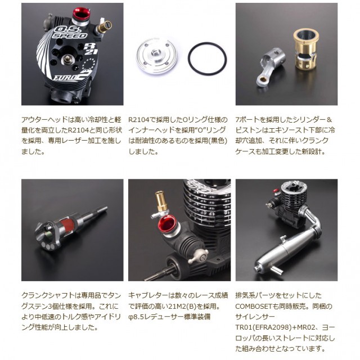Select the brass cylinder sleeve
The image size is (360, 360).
point(305,49)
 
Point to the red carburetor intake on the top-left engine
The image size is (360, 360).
point(81,13)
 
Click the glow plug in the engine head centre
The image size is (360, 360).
point(67,59)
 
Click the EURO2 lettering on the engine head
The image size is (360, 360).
point(73,76)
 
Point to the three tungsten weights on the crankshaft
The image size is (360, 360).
point(48,247)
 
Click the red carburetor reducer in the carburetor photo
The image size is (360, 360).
point(166,224)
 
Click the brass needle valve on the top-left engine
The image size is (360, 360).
point(104,27)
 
